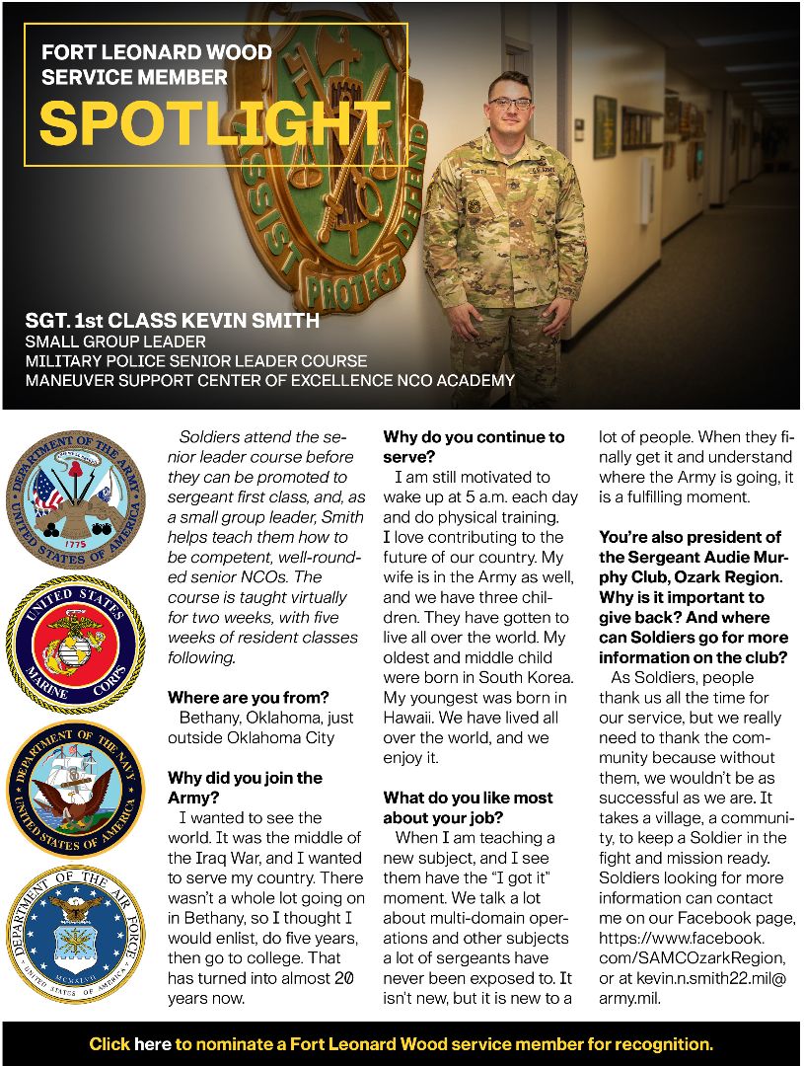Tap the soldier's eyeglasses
point(509,103)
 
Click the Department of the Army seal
point(76,498)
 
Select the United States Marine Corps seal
point(76,646)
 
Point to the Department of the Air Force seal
point(76,933)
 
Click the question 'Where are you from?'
point(248,698)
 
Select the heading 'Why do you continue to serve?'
point(474,446)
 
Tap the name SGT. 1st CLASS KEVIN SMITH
point(173,320)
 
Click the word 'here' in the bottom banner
point(153,1043)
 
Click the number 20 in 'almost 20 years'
point(344,977)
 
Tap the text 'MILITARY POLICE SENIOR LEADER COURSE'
point(196,360)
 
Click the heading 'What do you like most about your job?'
point(468,807)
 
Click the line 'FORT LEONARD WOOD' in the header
point(157,52)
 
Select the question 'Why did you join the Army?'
point(245,788)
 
